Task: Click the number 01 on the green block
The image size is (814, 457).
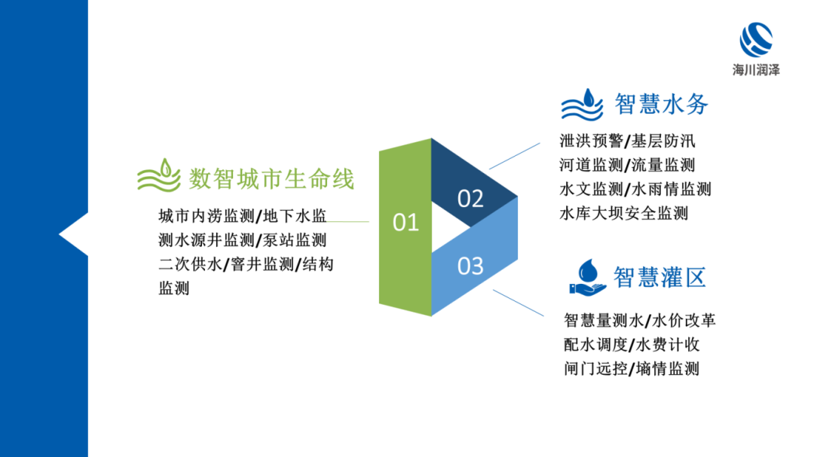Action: (x=405, y=222)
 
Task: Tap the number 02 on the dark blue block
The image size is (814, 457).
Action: (x=470, y=199)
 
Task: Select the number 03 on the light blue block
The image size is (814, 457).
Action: (x=470, y=266)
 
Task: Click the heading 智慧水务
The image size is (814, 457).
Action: (x=662, y=104)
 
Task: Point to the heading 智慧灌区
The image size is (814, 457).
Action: (x=660, y=277)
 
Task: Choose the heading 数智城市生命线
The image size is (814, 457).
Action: (x=271, y=179)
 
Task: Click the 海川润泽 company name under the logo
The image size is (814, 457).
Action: (x=756, y=69)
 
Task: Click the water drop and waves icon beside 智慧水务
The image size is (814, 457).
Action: (x=583, y=104)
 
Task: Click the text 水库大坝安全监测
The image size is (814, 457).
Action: (x=624, y=213)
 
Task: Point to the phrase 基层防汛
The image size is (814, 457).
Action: (x=662, y=141)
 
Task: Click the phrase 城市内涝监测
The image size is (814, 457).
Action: (x=206, y=216)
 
